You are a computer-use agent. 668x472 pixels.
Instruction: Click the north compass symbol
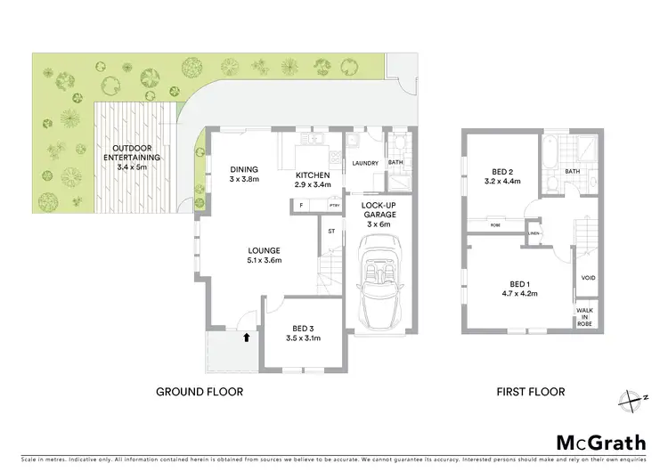click(x=631, y=401)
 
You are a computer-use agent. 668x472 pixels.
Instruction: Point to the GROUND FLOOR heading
click(x=200, y=391)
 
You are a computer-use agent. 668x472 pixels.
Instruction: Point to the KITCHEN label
click(x=313, y=179)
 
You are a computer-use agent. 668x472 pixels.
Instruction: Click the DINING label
click(x=244, y=174)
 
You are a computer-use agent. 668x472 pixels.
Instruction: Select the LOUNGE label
click(x=265, y=256)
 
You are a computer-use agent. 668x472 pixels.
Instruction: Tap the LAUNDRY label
click(x=366, y=163)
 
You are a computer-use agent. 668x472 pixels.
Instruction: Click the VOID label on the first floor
click(x=589, y=278)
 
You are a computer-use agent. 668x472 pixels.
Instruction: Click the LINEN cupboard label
click(x=534, y=234)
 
